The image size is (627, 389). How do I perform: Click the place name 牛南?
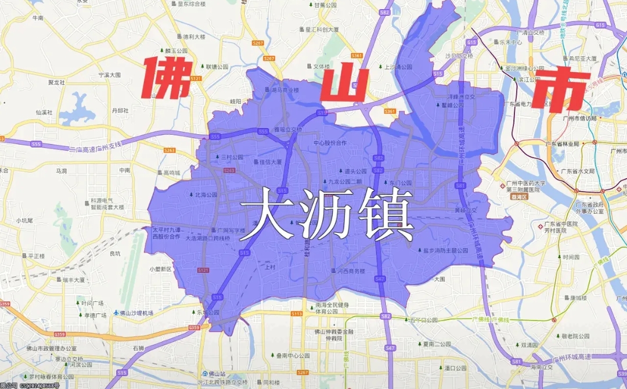tap(38, 18)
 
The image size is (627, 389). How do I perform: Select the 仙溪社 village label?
tap(44, 112)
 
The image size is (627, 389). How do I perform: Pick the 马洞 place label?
tap(61, 171)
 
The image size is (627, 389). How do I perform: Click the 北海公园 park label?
tap(205, 195)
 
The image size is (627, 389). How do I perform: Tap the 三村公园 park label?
tap(231, 157)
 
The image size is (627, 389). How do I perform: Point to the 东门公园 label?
tap(401, 182)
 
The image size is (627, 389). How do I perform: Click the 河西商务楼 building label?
tap(351, 271)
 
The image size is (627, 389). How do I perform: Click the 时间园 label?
tap(571, 257)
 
